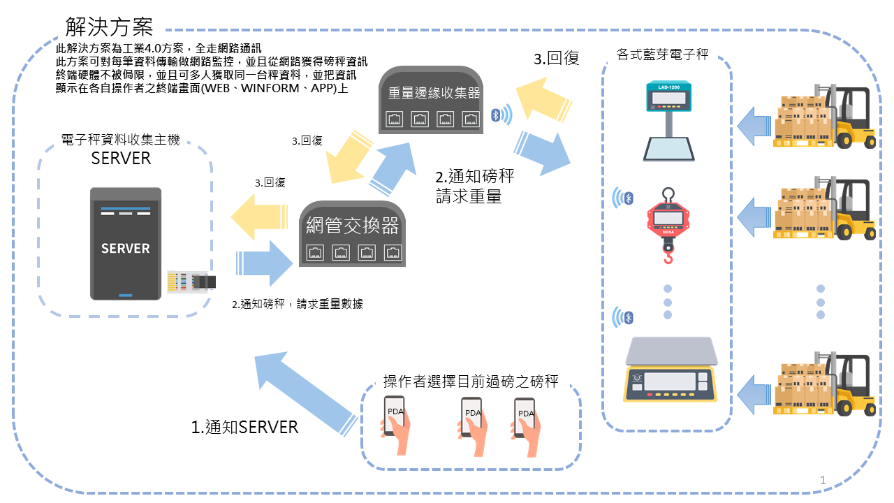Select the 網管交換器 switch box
tap(353, 234)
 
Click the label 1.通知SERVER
tap(244, 427)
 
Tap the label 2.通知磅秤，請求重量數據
tap(298, 304)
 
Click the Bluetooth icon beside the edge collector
tap(497, 115)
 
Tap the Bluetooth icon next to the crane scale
tap(628, 199)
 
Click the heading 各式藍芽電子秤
tap(663, 54)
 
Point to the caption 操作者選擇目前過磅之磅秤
tap(471, 381)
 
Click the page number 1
tap(823, 480)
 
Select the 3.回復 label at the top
tap(557, 59)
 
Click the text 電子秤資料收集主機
tap(121, 140)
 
